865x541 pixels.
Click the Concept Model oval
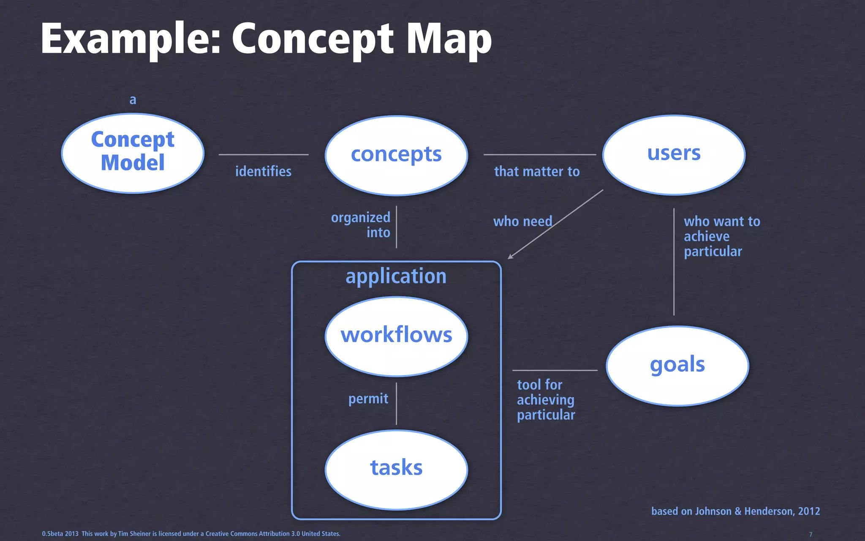click(x=133, y=153)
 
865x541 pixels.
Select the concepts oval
click(x=396, y=155)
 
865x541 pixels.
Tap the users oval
click(x=674, y=154)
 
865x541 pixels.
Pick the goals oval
click(x=677, y=366)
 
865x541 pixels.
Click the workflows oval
click(x=396, y=336)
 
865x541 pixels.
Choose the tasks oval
click(x=396, y=469)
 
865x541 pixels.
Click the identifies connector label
click(x=263, y=171)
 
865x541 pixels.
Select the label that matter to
click(x=537, y=171)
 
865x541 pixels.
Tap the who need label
click(x=522, y=221)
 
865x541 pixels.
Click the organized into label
click(x=361, y=225)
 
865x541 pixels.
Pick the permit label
click(x=368, y=399)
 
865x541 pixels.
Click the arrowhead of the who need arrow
click(x=510, y=257)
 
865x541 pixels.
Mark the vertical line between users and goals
click(x=674, y=262)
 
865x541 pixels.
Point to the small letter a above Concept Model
click(x=133, y=100)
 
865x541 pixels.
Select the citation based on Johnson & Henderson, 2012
click(x=735, y=511)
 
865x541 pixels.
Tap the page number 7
click(x=811, y=534)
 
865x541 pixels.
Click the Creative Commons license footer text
click(x=191, y=534)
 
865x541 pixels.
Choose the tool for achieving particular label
click(x=546, y=400)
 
